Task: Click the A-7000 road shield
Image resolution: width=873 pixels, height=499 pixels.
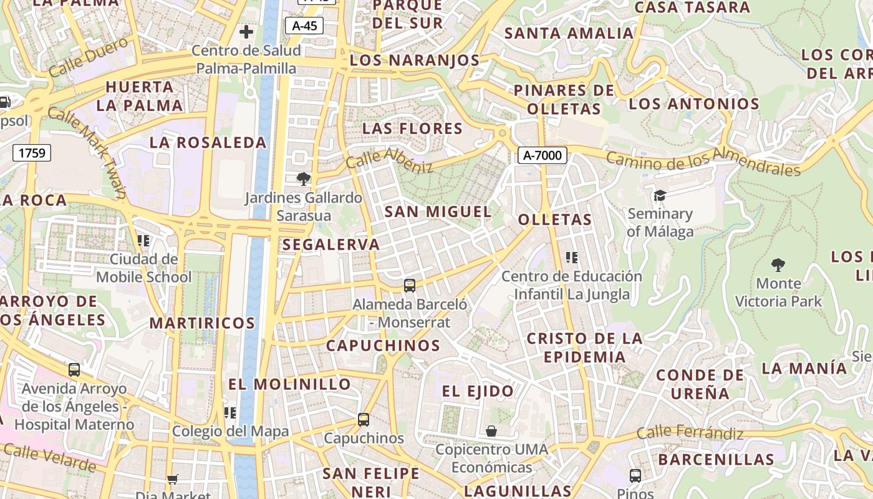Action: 542,155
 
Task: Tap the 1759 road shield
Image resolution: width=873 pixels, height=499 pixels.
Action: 32,152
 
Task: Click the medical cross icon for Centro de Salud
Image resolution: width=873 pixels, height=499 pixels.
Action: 246,31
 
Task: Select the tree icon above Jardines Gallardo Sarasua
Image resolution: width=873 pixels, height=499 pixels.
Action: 303,180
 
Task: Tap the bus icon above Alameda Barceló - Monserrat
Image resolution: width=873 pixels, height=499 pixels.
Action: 410,286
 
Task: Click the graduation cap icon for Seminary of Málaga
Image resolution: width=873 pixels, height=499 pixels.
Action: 660,196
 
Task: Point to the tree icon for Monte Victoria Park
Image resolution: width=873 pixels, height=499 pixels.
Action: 778,265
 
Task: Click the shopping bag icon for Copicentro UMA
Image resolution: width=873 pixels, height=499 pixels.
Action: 491,431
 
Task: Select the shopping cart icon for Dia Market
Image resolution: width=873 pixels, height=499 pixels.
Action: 173,479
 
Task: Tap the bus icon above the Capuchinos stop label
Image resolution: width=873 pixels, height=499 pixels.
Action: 364,420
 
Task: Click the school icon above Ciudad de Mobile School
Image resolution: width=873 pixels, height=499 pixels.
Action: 144,241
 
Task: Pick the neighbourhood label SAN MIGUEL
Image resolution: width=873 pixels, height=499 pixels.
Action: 438,211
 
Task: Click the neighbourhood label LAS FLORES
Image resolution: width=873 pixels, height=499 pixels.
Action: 412,129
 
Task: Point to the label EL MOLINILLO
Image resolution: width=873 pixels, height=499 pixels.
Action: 289,384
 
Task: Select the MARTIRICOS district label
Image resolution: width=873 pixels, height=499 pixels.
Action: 202,323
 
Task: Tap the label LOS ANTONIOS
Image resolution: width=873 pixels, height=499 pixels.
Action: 693,104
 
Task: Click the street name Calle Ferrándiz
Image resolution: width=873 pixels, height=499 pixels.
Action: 690,433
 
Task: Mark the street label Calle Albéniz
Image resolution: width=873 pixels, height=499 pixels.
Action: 389,160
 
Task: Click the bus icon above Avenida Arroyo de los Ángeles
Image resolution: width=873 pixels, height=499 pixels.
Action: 74,370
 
